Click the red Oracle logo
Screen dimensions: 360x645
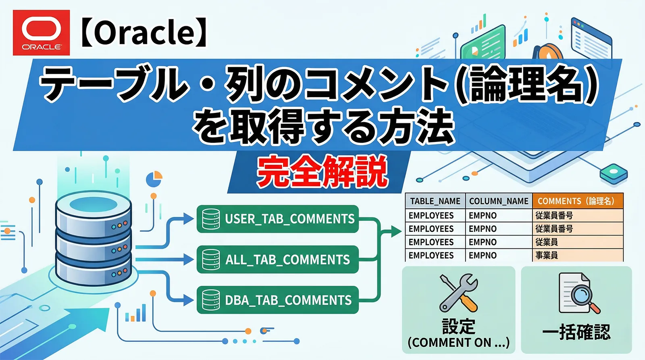tap(41, 33)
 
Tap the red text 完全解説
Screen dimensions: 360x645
tap(322, 172)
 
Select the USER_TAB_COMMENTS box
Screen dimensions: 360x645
tap(277, 219)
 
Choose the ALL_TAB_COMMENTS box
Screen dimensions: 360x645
tap(277, 260)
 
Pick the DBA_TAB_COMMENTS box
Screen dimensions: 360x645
tap(277, 300)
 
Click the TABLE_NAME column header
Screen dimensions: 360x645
tap(435, 201)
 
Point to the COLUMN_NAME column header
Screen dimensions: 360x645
tap(499, 201)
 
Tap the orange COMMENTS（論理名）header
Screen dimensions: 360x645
tap(577, 201)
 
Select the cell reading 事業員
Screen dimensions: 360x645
tap(547, 255)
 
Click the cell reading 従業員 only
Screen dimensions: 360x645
tap(547, 242)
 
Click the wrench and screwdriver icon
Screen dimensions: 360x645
tap(459, 293)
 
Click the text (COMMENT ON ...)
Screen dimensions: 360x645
tap(458, 343)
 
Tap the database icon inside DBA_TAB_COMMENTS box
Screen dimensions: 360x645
tap(211, 300)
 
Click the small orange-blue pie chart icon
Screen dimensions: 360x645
tap(154, 179)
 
